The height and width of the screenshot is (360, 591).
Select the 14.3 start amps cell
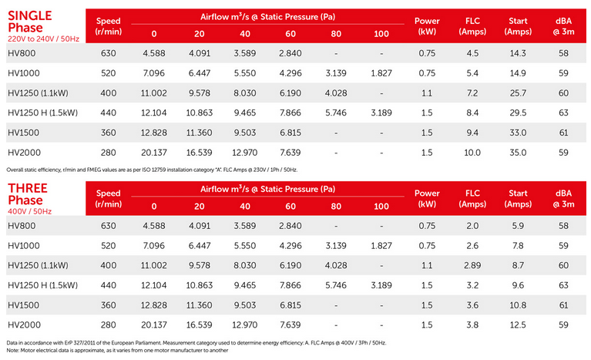pos(516,53)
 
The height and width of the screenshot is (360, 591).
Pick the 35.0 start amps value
pos(516,152)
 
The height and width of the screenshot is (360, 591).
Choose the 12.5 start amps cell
pos(516,325)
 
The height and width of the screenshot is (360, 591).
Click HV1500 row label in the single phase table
pos(24,133)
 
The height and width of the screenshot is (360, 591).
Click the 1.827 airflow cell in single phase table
pos(381,73)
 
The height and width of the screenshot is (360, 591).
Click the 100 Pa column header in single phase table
pos(381,34)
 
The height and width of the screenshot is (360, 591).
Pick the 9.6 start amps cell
pos(516,284)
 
